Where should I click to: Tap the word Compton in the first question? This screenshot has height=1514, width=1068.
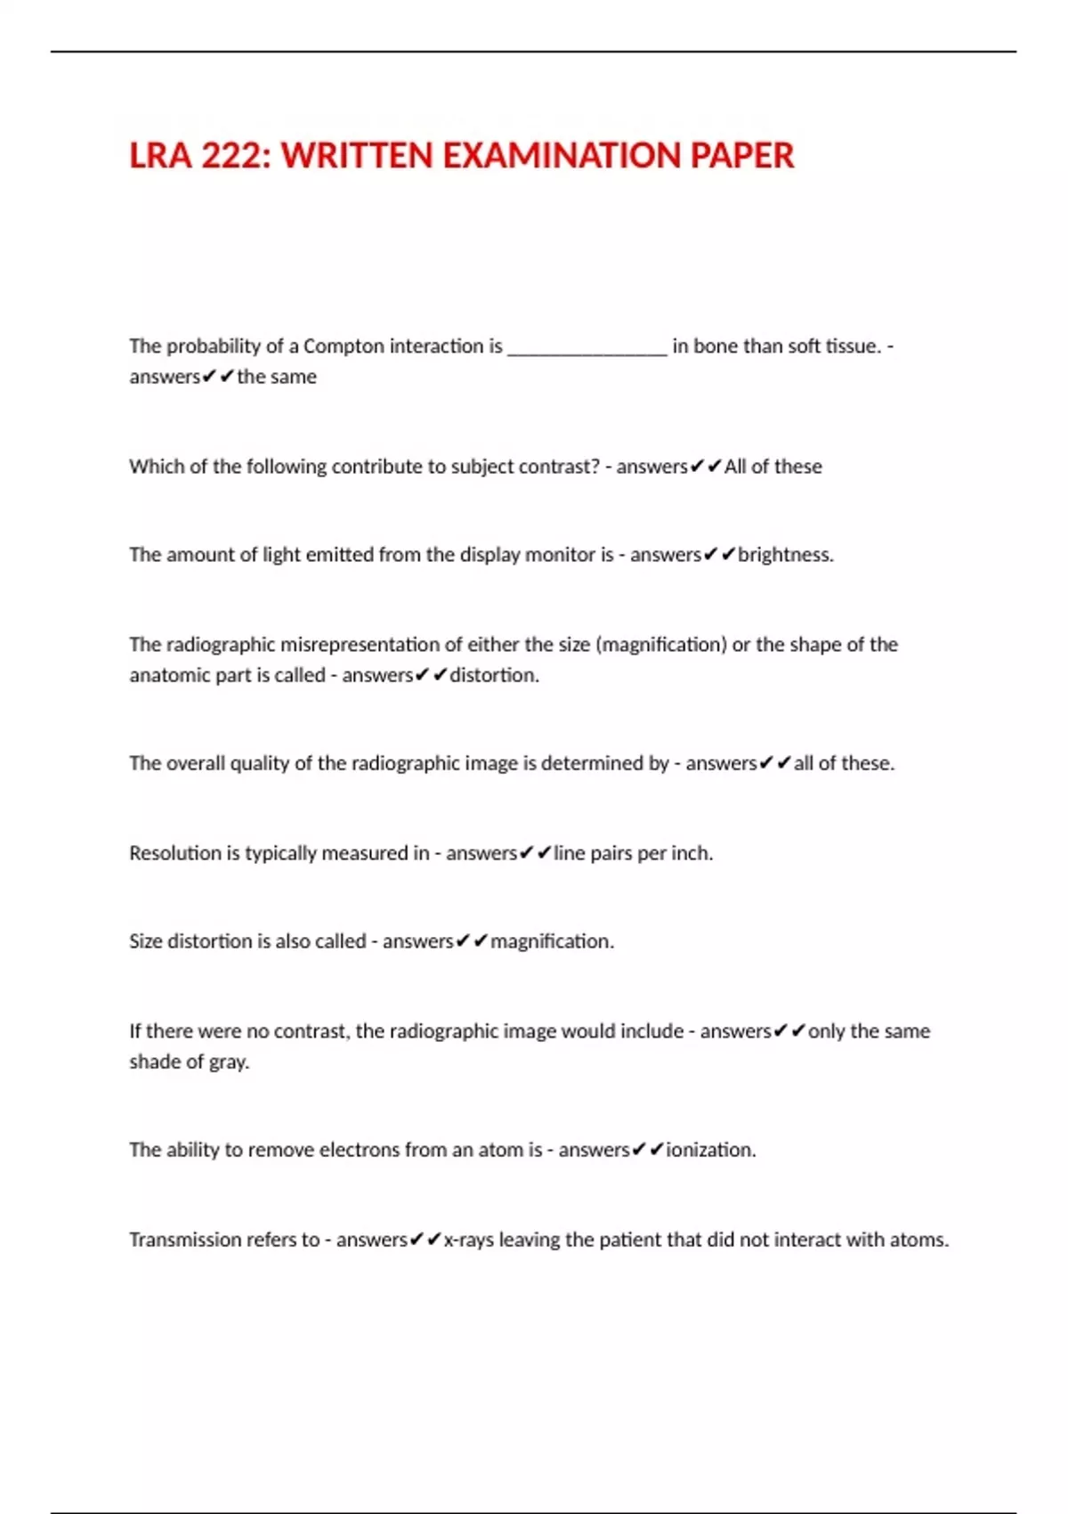(343, 346)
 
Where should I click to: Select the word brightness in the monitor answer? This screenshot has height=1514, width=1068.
(785, 555)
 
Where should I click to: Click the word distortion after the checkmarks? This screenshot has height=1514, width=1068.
(494, 675)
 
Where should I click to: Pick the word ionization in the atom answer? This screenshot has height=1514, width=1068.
(710, 1150)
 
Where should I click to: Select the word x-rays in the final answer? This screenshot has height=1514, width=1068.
(468, 1240)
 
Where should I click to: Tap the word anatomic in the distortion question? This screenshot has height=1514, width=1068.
(166, 675)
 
